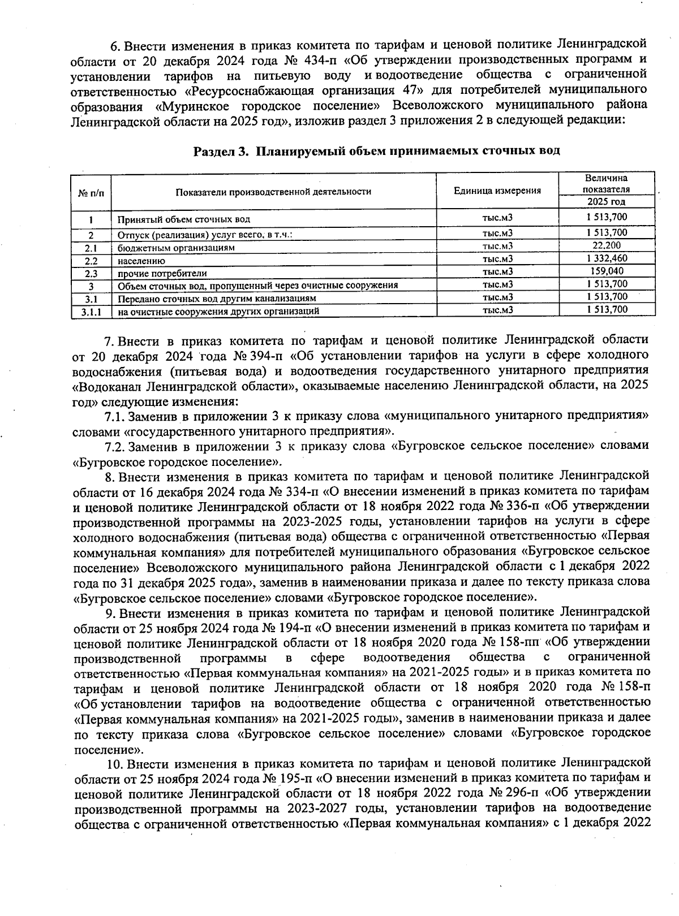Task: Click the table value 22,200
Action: click(607, 245)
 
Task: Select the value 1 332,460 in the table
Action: click(607, 258)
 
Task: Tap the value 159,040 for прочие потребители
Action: click(607, 271)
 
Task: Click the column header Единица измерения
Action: click(497, 191)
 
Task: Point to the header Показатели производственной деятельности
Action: click(273, 192)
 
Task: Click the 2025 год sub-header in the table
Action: click(607, 202)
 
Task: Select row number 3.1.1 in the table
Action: click(91, 310)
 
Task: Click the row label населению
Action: click(141, 261)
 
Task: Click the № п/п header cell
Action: click(91, 192)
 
